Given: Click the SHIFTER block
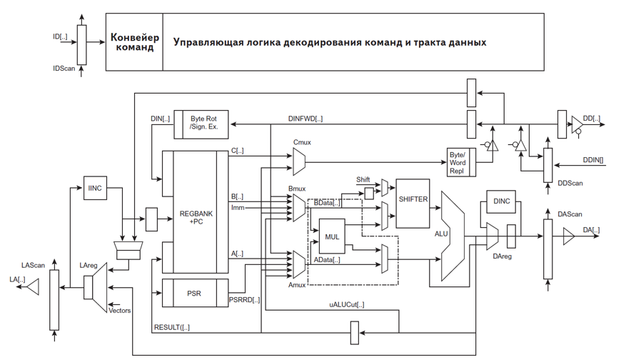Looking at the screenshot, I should (413, 199).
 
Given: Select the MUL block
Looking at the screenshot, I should (333, 237).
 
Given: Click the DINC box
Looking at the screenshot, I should (502, 201).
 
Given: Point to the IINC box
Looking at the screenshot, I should (95, 188).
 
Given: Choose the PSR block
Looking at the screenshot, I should (194, 292).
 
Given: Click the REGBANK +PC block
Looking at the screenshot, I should (194, 217).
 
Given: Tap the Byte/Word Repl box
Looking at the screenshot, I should (457, 163).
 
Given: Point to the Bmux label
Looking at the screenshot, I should (296, 189).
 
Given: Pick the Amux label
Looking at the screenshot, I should (297, 285).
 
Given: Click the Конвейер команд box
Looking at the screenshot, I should (134, 42).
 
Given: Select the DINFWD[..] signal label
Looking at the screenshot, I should (305, 119).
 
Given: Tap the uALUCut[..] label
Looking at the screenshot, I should (346, 305).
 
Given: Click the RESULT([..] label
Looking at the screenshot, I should (172, 328).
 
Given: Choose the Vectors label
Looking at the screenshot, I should (118, 311).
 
